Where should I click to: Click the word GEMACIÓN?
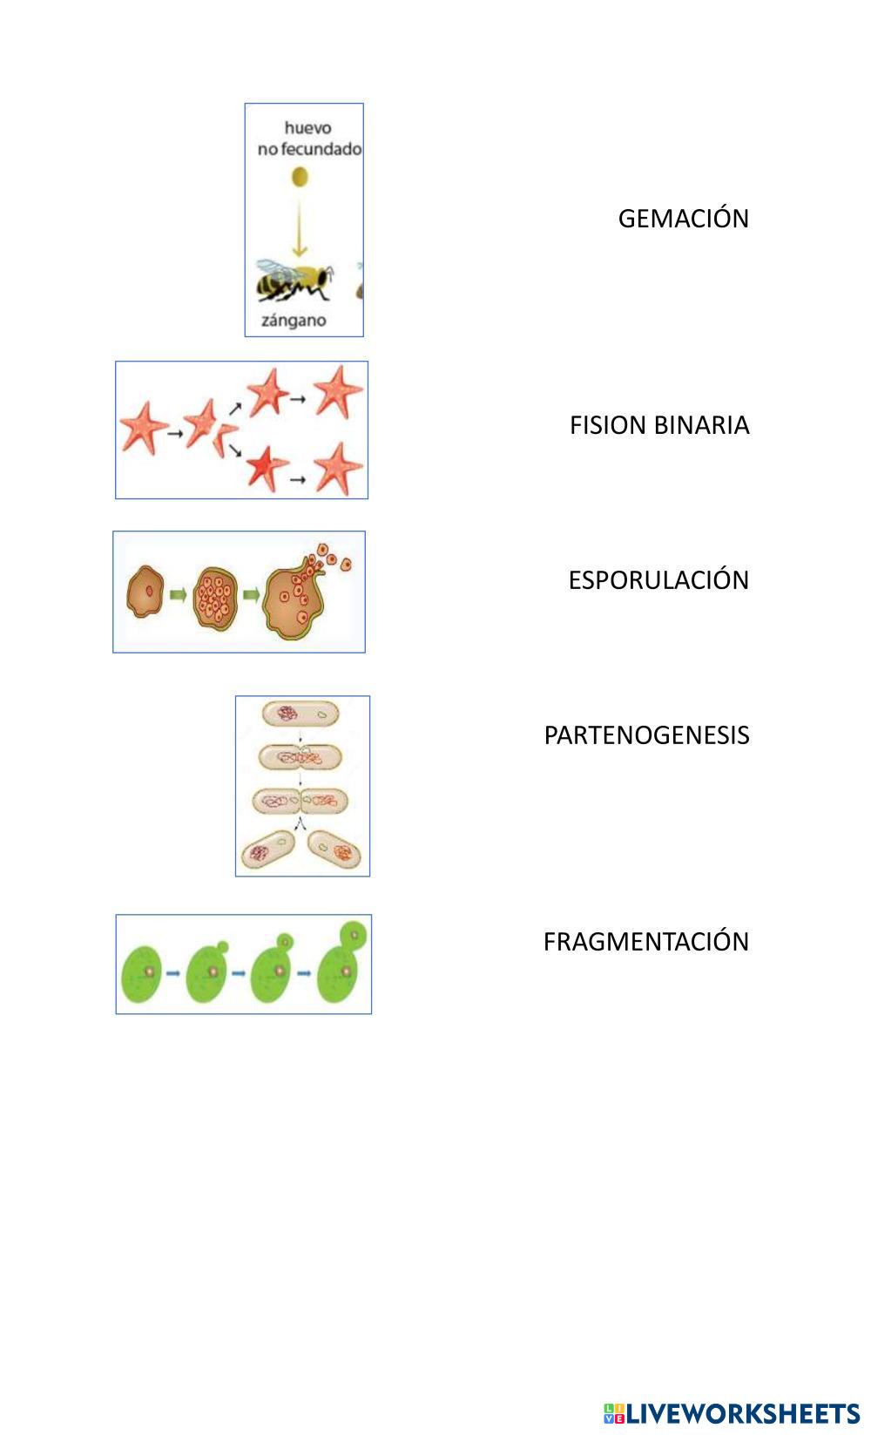(x=683, y=218)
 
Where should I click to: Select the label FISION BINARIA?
(x=659, y=425)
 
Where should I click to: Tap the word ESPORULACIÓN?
(x=658, y=580)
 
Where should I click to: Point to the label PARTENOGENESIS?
(x=646, y=735)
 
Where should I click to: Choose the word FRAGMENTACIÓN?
(x=645, y=942)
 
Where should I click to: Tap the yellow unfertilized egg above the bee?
(x=299, y=178)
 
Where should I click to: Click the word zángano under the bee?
(x=294, y=321)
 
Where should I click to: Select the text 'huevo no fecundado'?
(x=308, y=139)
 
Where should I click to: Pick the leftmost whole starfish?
(x=142, y=427)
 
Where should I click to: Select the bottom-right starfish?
(x=338, y=468)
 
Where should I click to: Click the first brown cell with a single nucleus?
(x=147, y=592)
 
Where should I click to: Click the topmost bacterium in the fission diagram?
(x=300, y=715)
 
